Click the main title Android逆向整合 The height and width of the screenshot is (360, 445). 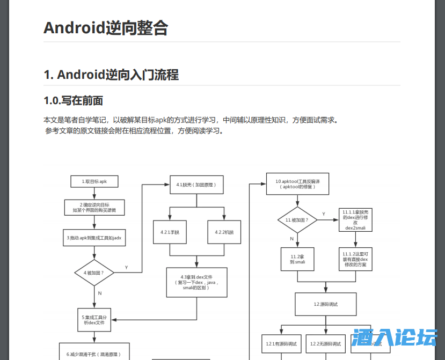pyautogui.click(x=106, y=28)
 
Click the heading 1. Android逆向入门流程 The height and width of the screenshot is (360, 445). pyautogui.click(x=111, y=75)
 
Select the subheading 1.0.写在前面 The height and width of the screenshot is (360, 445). pyautogui.click(x=73, y=100)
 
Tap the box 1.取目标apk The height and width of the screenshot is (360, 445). pyautogui.click(x=94, y=181)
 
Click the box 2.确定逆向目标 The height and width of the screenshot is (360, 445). pyautogui.click(x=94, y=207)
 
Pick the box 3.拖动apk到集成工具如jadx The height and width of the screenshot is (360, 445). pyautogui.click(x=94, y=238)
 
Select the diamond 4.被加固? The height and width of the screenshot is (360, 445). pyautogui.click(x=94, y=273)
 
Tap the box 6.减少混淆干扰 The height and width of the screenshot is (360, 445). pyautogui.click(x=94, y=353)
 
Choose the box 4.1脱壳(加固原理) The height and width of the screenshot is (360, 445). pyautogui.click(x=196, y=185)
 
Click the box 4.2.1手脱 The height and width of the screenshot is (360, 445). pyautogui.click(x=170, y=232)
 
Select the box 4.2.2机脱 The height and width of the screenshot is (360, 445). pyautogui.click(x=224, y=232)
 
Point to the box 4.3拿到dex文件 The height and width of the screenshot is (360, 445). pyautogui.click(x=196, y=282)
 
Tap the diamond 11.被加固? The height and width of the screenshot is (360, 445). pyautogui.click(x=297, y=220)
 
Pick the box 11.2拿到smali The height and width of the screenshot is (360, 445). pyautogui.click(x=297, y=260)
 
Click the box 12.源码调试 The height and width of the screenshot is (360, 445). pyautogui.click(x=325, y=304)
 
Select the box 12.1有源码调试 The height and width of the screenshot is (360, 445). pyautogui.click(x=281, y=343)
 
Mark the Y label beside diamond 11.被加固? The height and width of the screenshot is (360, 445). pyautogui.click(x=324, y=214)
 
